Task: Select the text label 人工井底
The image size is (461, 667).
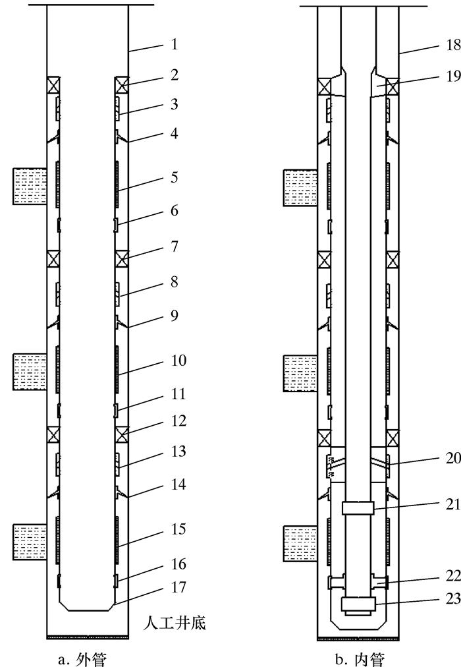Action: pyautogui.click(x=175, y=623)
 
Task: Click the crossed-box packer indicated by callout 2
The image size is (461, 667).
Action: pyautogui.click(x=121, y=86)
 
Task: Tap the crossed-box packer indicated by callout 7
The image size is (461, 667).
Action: pyautogui.click(x=121, y=258)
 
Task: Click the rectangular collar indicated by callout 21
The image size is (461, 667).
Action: pyautogui.click(x=358, y=507)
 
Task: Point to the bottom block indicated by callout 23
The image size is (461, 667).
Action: pyautogui.click(x=358, y=604)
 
